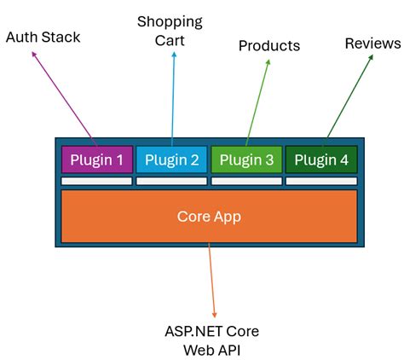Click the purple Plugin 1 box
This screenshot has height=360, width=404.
(x=96, y=160)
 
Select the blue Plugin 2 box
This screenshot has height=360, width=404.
(x=171, y=160)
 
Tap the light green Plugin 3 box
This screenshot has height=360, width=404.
(x=245, y=160)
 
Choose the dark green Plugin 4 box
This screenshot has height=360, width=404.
(x=320, y=160)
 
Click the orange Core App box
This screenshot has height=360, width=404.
(x=209, y=216)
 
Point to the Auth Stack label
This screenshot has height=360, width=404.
(x=43, y=38)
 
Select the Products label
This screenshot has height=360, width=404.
(x=269, y=45)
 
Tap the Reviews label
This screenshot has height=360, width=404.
(x=372, y=43)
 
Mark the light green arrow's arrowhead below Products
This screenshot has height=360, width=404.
(x=267, y=62)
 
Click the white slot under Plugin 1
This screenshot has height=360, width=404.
(x=96, y=181)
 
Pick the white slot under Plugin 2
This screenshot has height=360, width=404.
(x=171, y=181)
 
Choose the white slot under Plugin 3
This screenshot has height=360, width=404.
(x=245, y=181)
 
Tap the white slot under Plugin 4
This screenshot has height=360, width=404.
(x=320, y=181)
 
